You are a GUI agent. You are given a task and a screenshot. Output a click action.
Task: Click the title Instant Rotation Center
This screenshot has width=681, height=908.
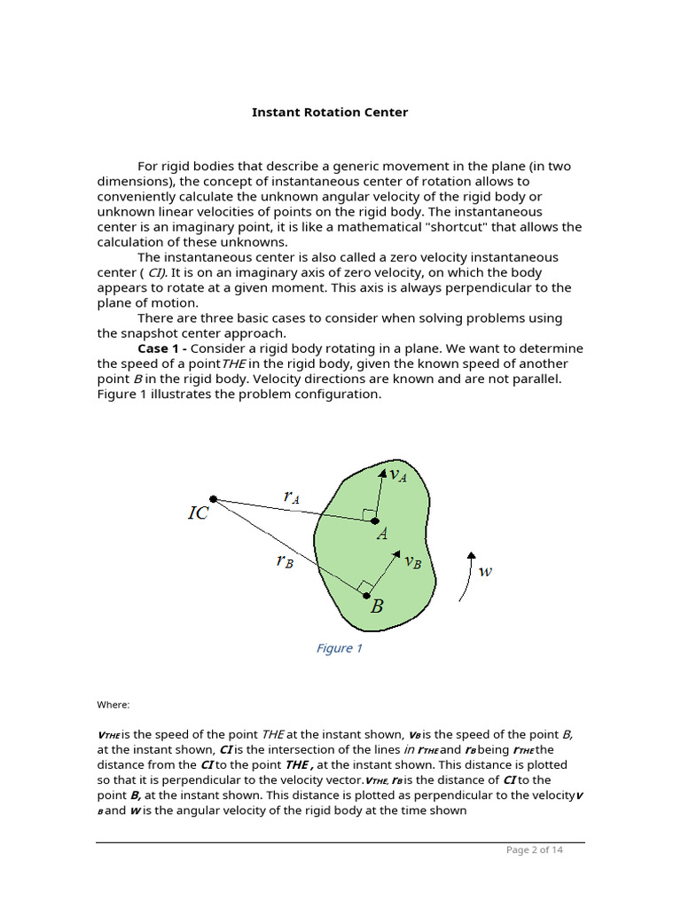pos(330,113)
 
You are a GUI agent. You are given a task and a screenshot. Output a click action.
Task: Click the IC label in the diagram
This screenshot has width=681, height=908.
pos(198,513)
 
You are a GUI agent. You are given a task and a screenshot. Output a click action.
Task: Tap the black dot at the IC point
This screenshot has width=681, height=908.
pos(213,498)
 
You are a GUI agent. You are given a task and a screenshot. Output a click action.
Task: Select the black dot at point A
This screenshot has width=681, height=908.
pos(375,521)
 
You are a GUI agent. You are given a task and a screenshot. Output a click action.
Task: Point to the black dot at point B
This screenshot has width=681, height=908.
pos(367,595)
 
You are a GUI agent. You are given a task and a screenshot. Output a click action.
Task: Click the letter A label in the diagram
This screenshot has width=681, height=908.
pos(382,535)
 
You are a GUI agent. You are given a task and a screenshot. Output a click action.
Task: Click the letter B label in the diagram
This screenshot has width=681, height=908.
pos(377,607)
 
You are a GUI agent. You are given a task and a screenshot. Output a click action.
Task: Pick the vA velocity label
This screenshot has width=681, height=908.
pos(397,475)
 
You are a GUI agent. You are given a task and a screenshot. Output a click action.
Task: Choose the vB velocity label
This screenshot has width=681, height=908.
pos(412,561)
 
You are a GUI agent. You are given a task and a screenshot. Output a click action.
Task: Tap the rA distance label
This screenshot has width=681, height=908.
pos(291,497)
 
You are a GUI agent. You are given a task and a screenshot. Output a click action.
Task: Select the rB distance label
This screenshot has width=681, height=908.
pos(284,560)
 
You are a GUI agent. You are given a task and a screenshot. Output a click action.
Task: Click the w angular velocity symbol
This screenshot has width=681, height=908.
pos(485,572)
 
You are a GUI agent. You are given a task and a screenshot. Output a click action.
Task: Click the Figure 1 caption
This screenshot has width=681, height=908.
pos(339,648)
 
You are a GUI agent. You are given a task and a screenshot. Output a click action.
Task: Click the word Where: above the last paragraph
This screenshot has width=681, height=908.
pos(113,705)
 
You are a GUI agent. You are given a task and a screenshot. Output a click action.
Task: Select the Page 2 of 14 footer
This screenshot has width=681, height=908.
pos(534,849)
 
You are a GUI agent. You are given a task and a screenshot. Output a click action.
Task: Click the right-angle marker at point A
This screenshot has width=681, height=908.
pos(367,514)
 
